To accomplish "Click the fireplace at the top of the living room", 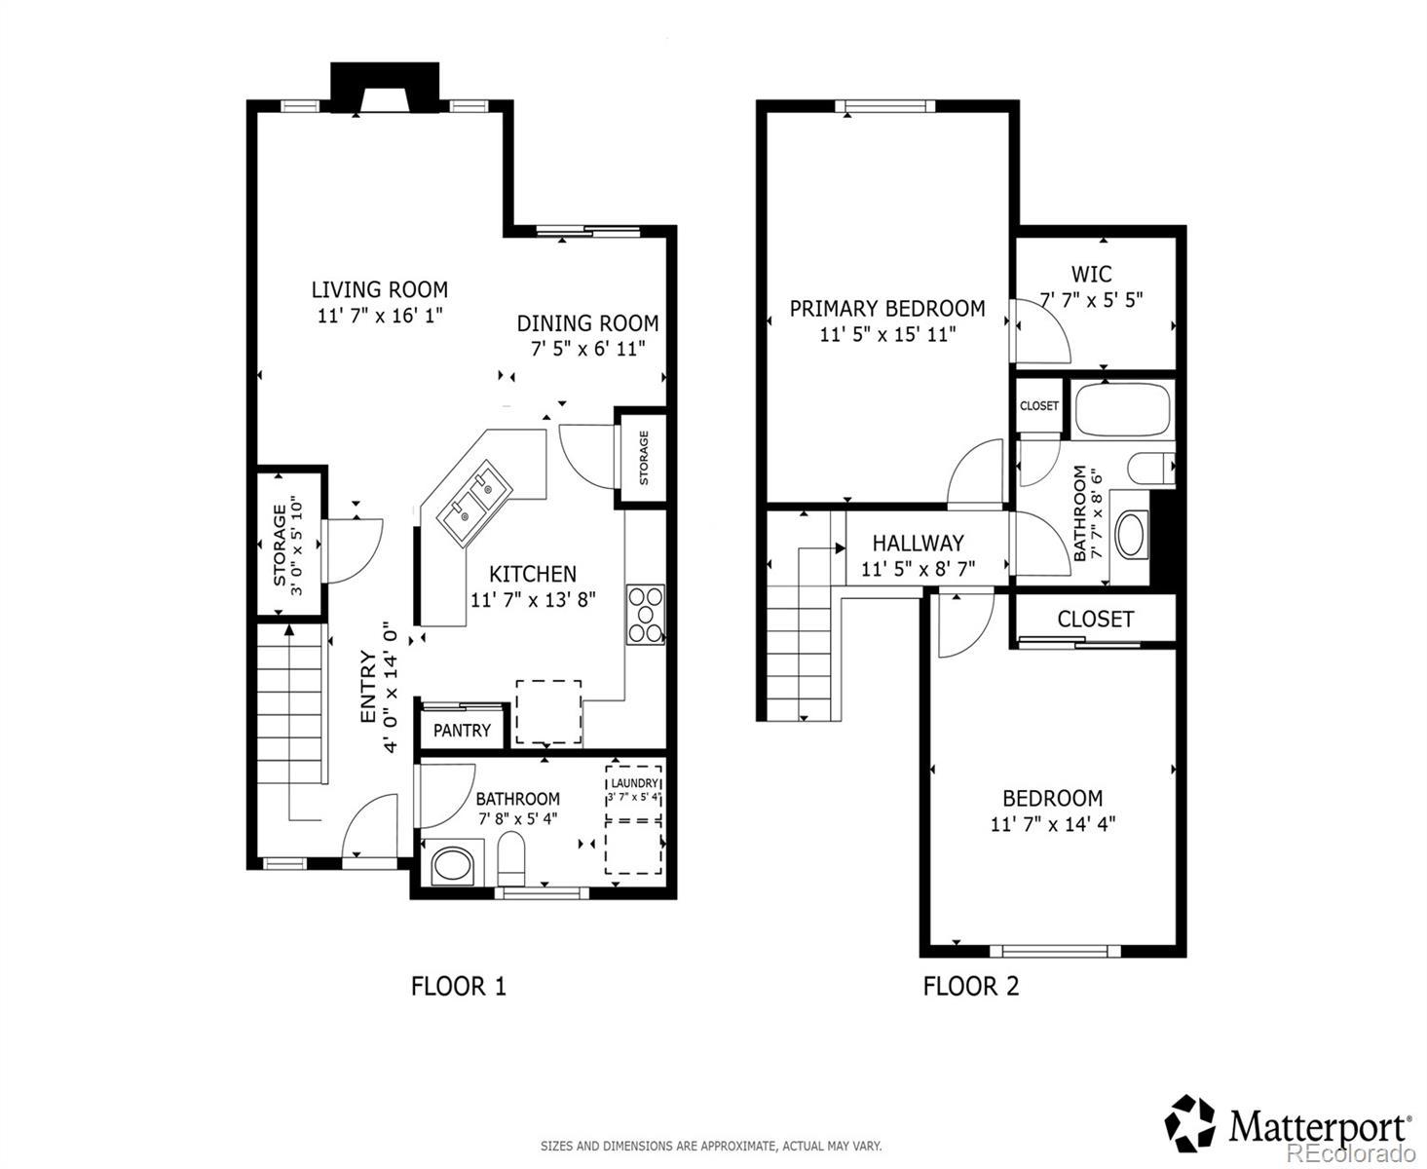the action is [385, 88].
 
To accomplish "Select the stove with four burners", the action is [645, 614].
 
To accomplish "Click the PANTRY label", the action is [462, 731].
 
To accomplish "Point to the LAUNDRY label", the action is [634, 783].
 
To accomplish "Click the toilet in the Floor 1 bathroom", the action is [510, 858].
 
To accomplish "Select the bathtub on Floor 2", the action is [1122, 410].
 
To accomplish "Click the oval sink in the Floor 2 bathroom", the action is [1130, 535].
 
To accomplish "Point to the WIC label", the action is [1091, 274].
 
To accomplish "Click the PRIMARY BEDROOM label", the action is [887, 309].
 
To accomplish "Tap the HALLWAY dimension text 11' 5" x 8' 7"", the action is [918, 569].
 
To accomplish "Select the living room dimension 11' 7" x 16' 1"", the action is [380, 316].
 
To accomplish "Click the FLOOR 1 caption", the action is [458, 986].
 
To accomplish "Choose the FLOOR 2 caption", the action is [970, 986].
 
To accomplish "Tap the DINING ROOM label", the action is [587, 323].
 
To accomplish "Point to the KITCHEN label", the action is [533, 574].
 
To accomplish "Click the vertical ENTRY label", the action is [368, 687].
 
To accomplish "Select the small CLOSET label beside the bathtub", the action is [1038, 405].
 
